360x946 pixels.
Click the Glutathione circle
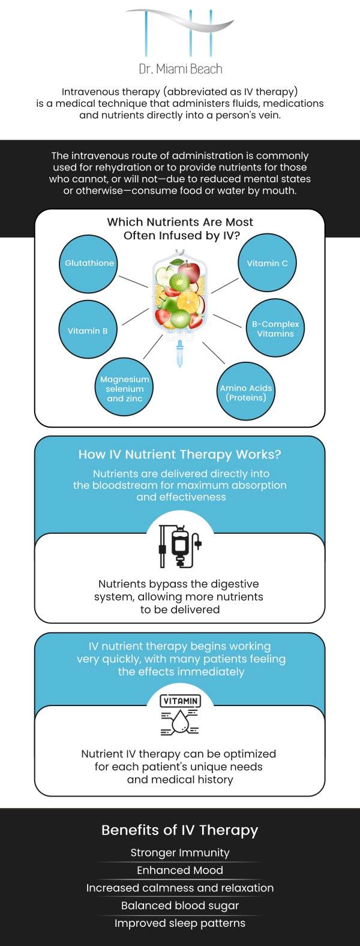89,264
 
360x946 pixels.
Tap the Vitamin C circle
268,264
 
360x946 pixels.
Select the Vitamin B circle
88,330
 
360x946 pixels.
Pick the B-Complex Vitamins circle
275,329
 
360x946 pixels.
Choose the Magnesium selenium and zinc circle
125,388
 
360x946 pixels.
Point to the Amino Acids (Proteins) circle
246,392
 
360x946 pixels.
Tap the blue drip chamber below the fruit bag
179,353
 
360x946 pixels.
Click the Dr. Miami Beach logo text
180,69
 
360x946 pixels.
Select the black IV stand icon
179,546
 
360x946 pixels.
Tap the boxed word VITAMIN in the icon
180,701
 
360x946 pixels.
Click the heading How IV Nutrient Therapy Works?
180,455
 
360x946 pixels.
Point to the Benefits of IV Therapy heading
180,830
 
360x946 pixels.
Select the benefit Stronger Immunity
180,853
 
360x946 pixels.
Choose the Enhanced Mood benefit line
180,870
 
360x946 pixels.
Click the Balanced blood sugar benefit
180,905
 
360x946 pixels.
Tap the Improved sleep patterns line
180,923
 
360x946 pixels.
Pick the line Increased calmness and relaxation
180,888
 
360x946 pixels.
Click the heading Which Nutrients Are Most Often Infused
180,229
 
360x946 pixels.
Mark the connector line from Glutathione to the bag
133,281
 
